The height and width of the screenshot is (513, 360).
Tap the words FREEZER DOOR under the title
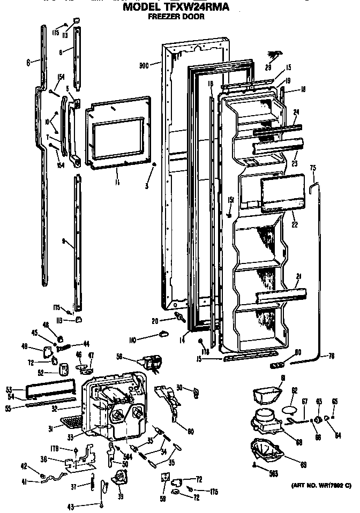click(x=177, y=17)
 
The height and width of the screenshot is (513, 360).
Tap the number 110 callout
click(x=132, y=340)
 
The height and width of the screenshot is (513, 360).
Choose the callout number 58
click(x=134, y=356)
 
